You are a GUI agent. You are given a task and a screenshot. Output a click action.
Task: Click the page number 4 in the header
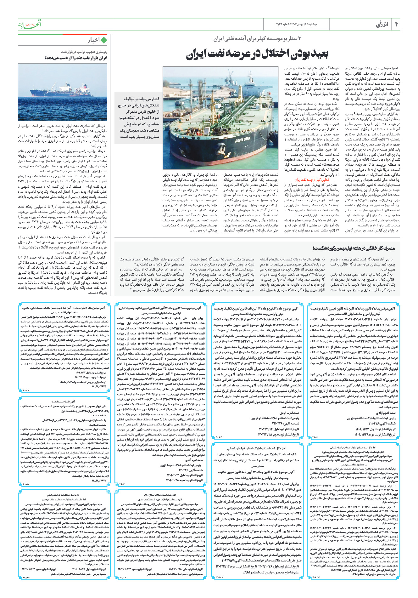click(397, 24)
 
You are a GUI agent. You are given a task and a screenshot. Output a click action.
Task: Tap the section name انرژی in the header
click(382, 24)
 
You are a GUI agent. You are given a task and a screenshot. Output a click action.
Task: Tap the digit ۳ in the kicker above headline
click(299, 39)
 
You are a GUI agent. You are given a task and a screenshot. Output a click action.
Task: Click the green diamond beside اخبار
click(104, 40)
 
